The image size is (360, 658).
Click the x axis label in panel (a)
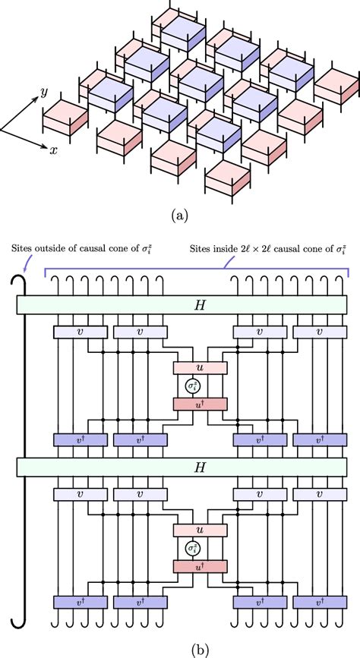[x=54, y=150]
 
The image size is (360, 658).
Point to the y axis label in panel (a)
[x=44, y=92]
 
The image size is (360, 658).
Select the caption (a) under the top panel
[x=179, y=216]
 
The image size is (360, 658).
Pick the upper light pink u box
[x=200, y=367]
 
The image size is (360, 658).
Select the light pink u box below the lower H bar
[x=200, y=529]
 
